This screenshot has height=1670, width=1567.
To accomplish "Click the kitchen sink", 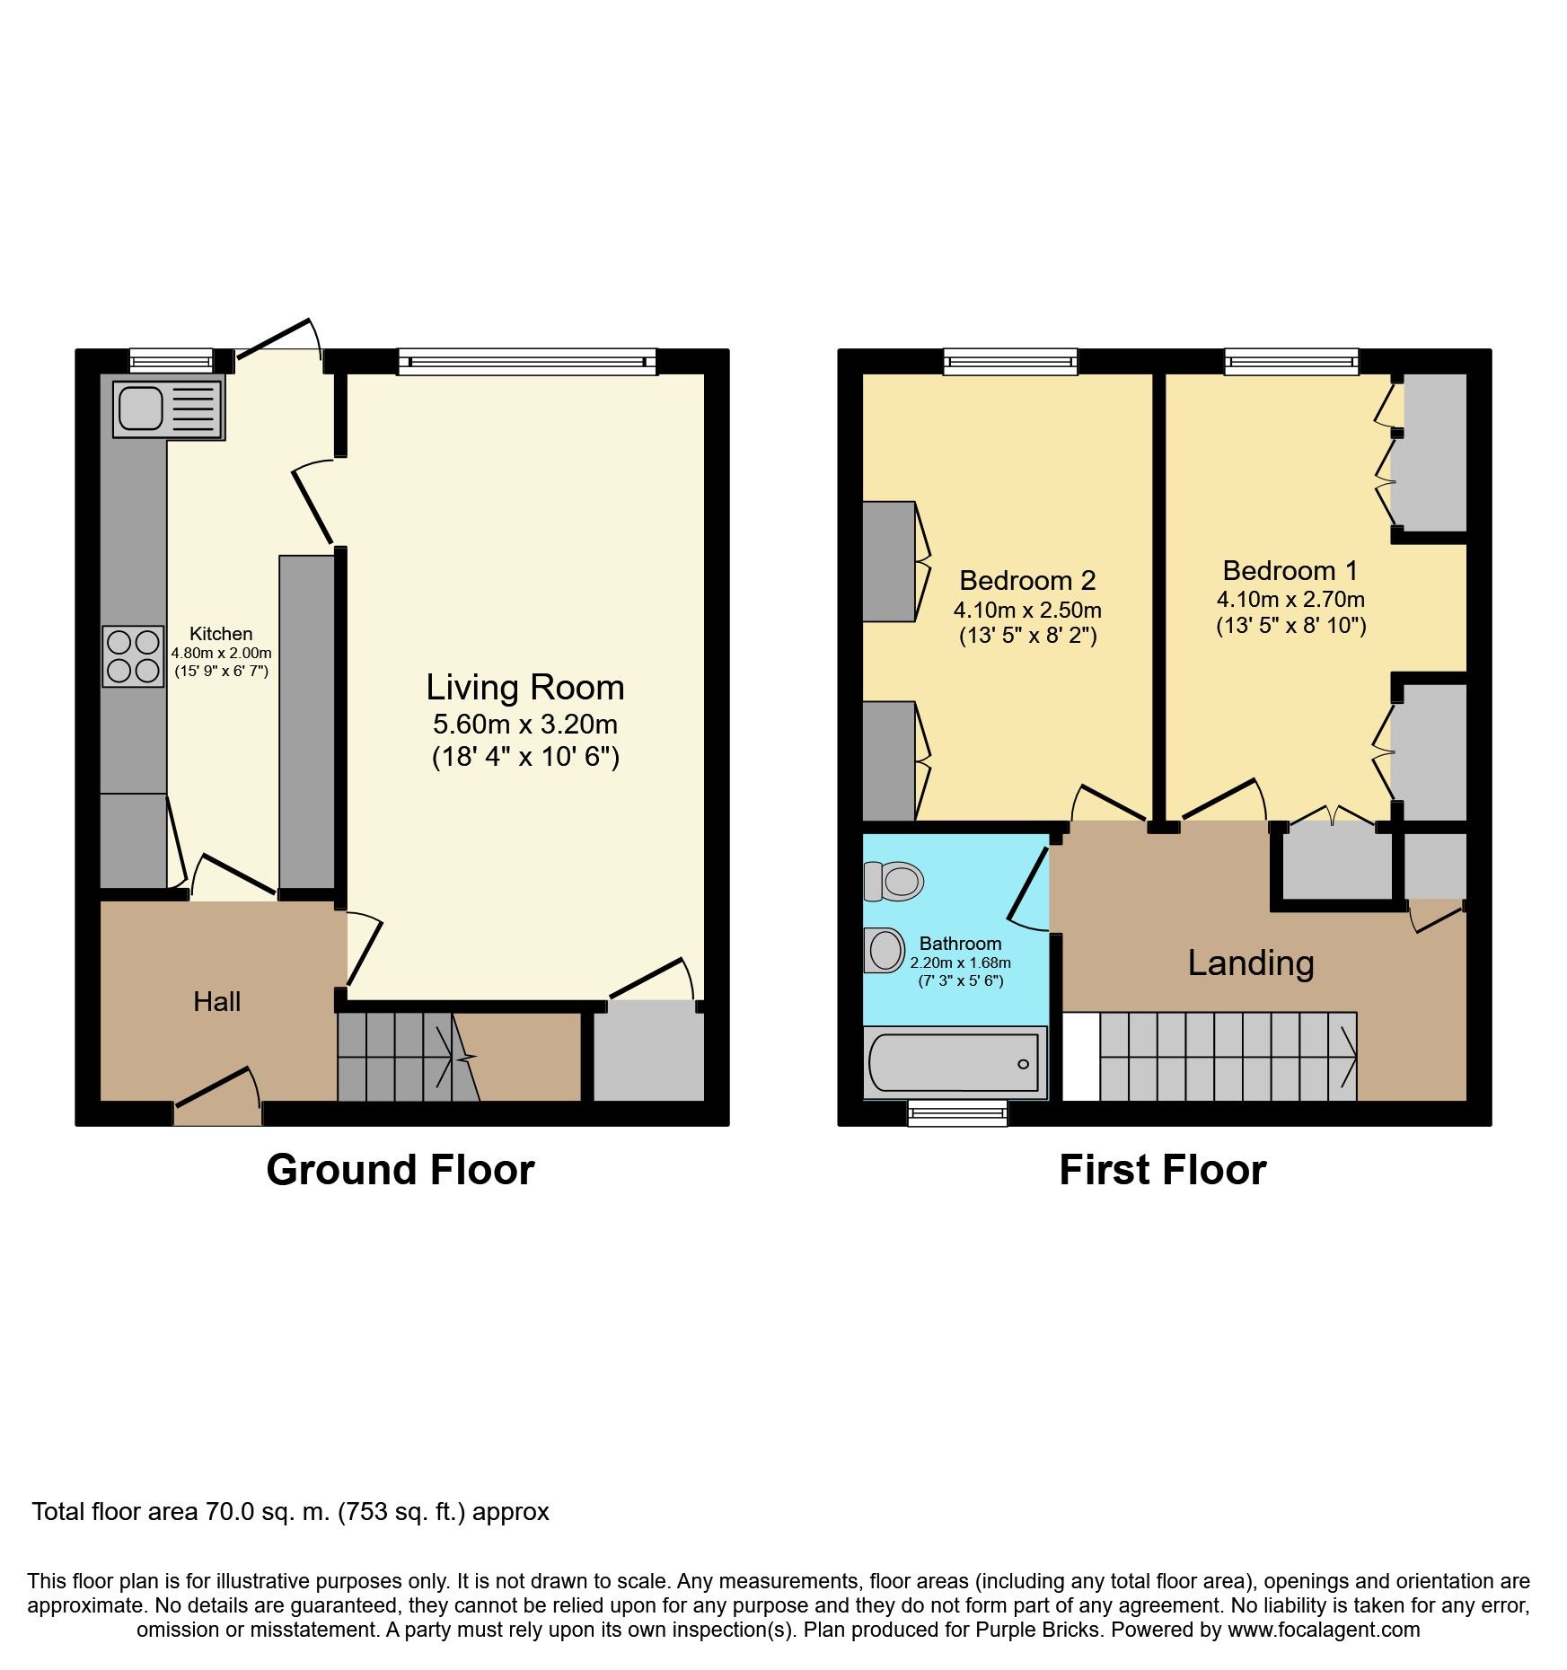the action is pyautogui.click(x=169, y=409).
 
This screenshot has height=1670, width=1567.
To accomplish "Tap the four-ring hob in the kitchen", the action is pyautogui.click(x=133, y=656).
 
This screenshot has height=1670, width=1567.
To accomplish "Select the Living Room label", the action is pyautogui.click(x=525, y=688).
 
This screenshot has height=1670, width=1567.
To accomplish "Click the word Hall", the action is pyautogui.click(x=217, y=1001).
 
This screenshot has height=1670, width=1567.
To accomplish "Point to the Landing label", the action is pyautogui.click(x=1251, y=963).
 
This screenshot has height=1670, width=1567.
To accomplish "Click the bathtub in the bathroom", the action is pyautogui.click(x=955, y=1063).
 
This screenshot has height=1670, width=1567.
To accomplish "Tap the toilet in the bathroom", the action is pyautogui.click(x=893, y=882).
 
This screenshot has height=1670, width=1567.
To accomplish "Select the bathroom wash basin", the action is pyautogui.click(x=885, y=950).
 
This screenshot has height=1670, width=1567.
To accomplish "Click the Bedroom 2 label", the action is pyautogui.click(x=1027, y=580).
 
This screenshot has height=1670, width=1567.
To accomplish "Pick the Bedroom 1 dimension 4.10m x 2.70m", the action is pyautogui.click(x=1290, y=599).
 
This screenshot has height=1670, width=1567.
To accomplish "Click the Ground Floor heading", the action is pyautogui.click(x=401, y=1171).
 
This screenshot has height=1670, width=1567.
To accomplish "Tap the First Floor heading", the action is pyautogui.click(x=1163, y=1171).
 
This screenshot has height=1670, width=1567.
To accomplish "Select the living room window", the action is pyautogui.click(x=528, y=362).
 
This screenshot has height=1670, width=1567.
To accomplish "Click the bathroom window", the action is pyautogui.click(x=957, y=1113).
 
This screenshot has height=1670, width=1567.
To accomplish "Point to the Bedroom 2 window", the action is pyautogui.click(x=1010, y=362).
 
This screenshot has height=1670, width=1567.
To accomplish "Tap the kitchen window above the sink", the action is pyautogui.click(x=172, y=361).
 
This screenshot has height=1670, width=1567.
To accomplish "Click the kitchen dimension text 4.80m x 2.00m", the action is pyautogui.click(x=221, y=654).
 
